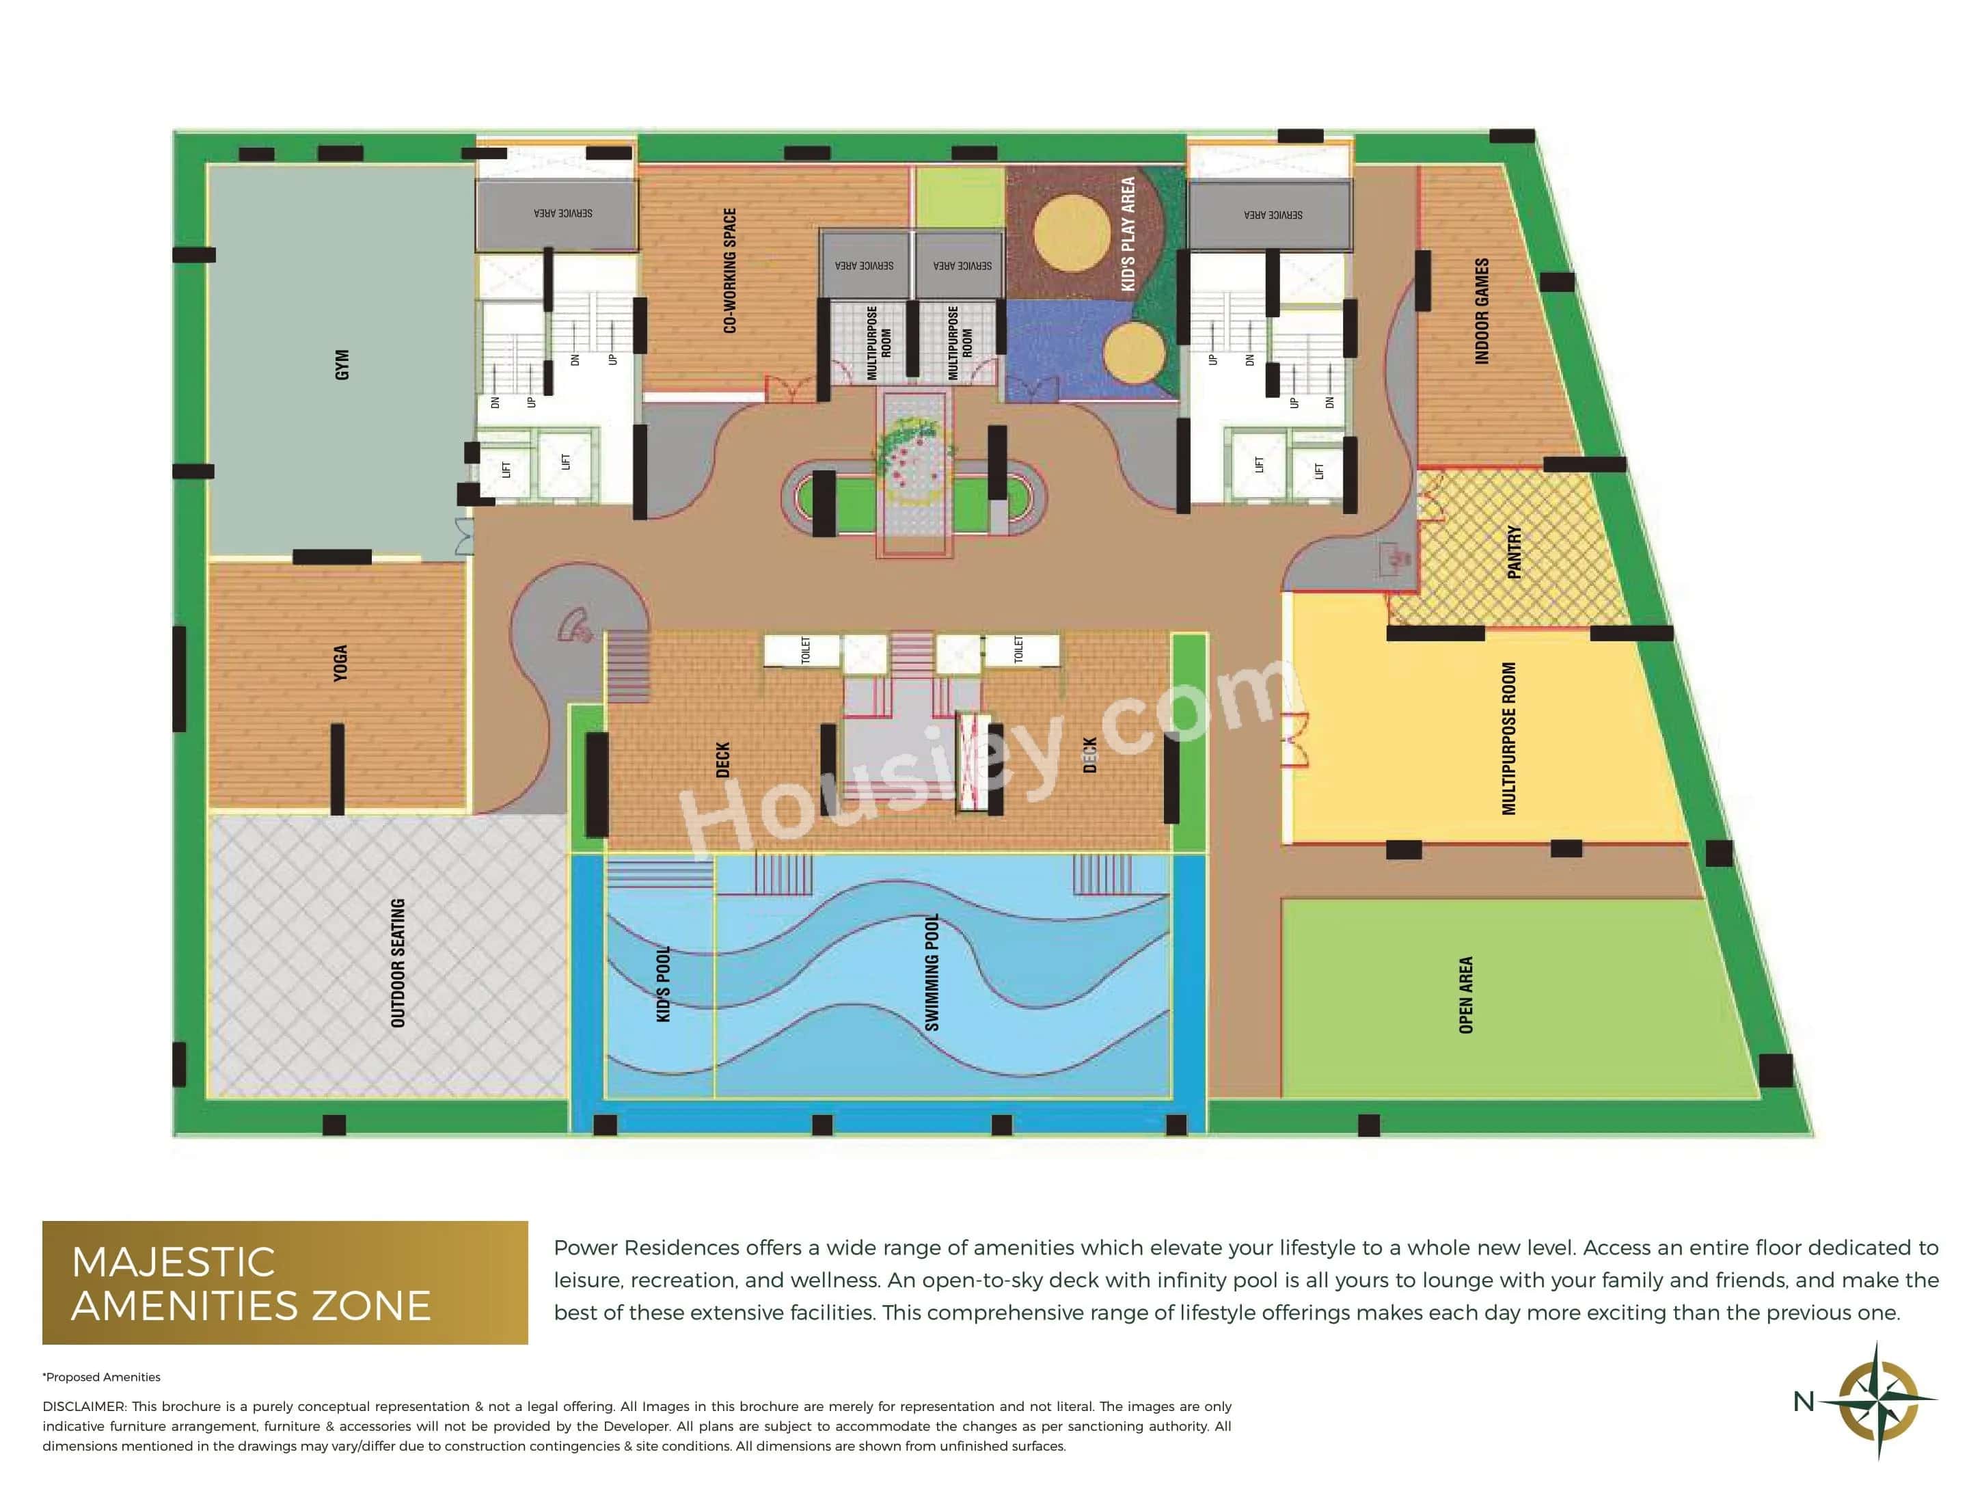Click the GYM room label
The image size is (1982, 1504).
click(342, 365)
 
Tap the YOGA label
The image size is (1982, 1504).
click(340, 663)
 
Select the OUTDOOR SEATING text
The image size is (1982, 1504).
click(398, 963)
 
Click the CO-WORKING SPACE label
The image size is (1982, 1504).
click(729, 271)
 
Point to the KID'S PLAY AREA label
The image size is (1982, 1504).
click(1128, 233)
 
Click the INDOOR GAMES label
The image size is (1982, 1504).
click(1482, 311)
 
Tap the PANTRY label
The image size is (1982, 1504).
click(1515, 552)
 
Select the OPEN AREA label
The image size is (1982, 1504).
click(1466, 995)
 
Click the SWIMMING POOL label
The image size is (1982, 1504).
click(932, 973)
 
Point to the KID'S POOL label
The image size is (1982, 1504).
click(663, 984)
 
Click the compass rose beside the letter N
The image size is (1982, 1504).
click(1879, 1400)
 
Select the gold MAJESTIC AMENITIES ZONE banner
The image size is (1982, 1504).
click(285, 1283)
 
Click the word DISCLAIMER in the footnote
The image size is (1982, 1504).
click(83, 1406)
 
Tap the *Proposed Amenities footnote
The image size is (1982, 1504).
click(101, 1377)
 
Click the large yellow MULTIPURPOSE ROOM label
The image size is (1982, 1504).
click(1509, 738)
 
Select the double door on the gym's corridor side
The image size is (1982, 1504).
click(464, 537)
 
